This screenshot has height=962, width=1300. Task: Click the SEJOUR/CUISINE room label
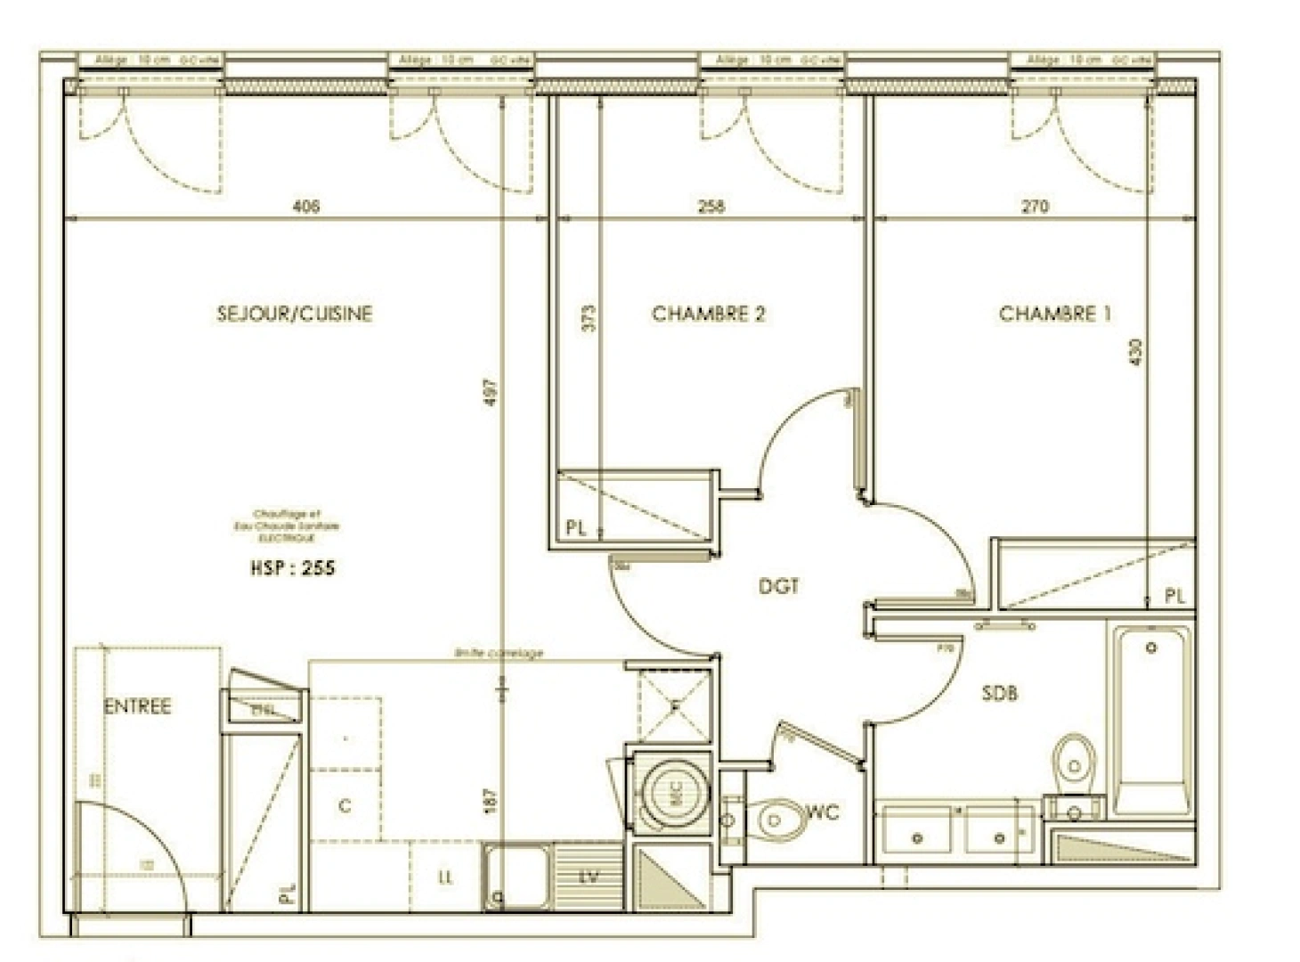click(294, 314)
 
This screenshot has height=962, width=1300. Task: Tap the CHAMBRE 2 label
click(708, 314)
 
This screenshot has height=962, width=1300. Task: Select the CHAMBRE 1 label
click(1054, 314)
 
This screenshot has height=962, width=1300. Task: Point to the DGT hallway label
click(778, 586)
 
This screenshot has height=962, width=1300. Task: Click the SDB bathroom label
click(999, 693)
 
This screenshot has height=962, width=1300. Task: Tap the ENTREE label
click(137, 706)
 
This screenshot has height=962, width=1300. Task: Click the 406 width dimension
click(305, 207)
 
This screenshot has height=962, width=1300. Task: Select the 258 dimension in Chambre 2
click(711, 207)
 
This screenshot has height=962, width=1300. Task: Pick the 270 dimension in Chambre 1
click(1035, 207)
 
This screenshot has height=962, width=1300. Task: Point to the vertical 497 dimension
click(492, 393)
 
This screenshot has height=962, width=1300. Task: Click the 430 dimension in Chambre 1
click(1133, 352)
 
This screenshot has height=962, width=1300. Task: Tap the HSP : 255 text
click(292, 567)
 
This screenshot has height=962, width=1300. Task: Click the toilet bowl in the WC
click(777, 819)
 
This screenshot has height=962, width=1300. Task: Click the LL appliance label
click(445, 877)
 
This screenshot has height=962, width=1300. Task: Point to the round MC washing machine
click(674, 789)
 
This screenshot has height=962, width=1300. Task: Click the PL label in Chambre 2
click(576, 528)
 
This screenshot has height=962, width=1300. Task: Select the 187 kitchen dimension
click(492, 799)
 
